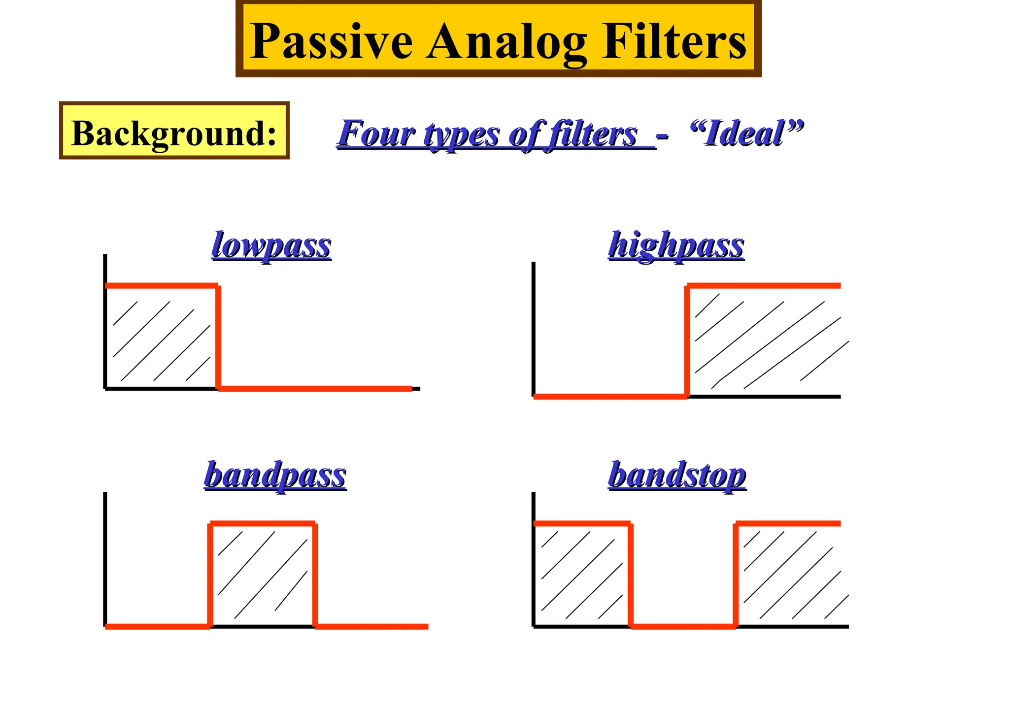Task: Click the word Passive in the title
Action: tap(331, 41)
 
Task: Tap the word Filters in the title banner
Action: tap(673, 41)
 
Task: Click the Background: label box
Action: tap(174, 131)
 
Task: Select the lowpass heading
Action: tap(271, 245)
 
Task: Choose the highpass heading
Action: tap(676, 245)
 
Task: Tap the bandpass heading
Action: tap(275, 476)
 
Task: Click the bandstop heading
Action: tap(677, 476)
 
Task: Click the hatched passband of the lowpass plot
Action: tap(162, 338)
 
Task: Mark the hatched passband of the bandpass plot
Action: tap(263, 576)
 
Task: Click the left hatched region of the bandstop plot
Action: tap(581, 575)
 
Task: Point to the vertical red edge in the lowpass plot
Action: tap(218, 338)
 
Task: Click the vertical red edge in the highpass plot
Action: tap(687, 341)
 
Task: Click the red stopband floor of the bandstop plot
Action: tap(683, 626)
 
